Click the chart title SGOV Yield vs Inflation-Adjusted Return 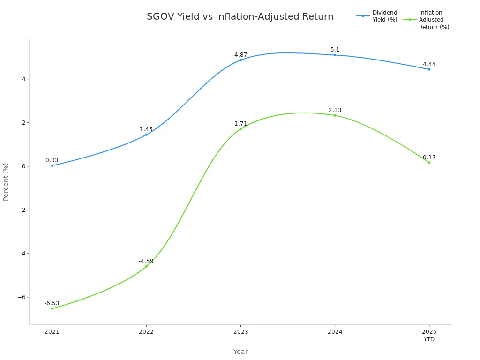click(240, 17)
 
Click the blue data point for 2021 click(52, 165)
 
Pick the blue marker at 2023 click(240, 60)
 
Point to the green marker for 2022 click(146, 266)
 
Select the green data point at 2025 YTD click(429, 163)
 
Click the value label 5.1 click(335, 50)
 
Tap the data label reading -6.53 click(52, 303)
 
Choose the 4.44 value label click(429, 64)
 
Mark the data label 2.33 click(335, 110)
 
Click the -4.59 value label click(146, 261)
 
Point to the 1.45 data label click(146, 129)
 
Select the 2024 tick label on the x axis click(335, 332)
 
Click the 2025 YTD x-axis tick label click(429, 336)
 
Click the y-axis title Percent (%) click(6, 182)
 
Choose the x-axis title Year click(240, 352)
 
